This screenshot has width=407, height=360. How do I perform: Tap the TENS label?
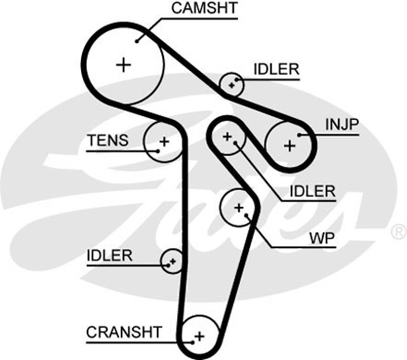pyautogui.click(x=107, y=141)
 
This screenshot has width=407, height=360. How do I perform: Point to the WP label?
pyautogui.click(x=322, y=239)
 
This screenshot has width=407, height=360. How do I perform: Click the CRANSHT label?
pyautogui.click(x=124, y=331)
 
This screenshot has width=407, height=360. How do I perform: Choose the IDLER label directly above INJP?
pyautogui.click(x=275, y=69)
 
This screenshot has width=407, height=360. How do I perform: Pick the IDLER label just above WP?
pyautogui.click(x=312, y=190)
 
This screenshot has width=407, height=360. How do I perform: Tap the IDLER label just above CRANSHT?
pyautogui.click(x=109, y=256)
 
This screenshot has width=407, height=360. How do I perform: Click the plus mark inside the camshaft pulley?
pyautogui.click(x=123, y=64)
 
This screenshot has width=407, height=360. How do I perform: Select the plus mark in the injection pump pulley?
pyautogui.click(x=290, y=146)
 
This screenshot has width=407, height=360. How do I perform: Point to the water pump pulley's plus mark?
pyautogui.click(x=239, y=207)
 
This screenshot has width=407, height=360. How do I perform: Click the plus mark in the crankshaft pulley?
pyautogui.click(x=198, y=335)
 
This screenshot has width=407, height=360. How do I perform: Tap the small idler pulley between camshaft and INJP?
pyautogui.click(x=232, y=84)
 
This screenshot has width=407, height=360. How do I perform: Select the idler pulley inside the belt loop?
pyautogui.click(x=227, y=136)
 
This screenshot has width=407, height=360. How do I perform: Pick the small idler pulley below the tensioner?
pyautogui.click(x=172, y=260)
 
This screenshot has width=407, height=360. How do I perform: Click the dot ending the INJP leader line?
pyautogui.click(x=299, y=135)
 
